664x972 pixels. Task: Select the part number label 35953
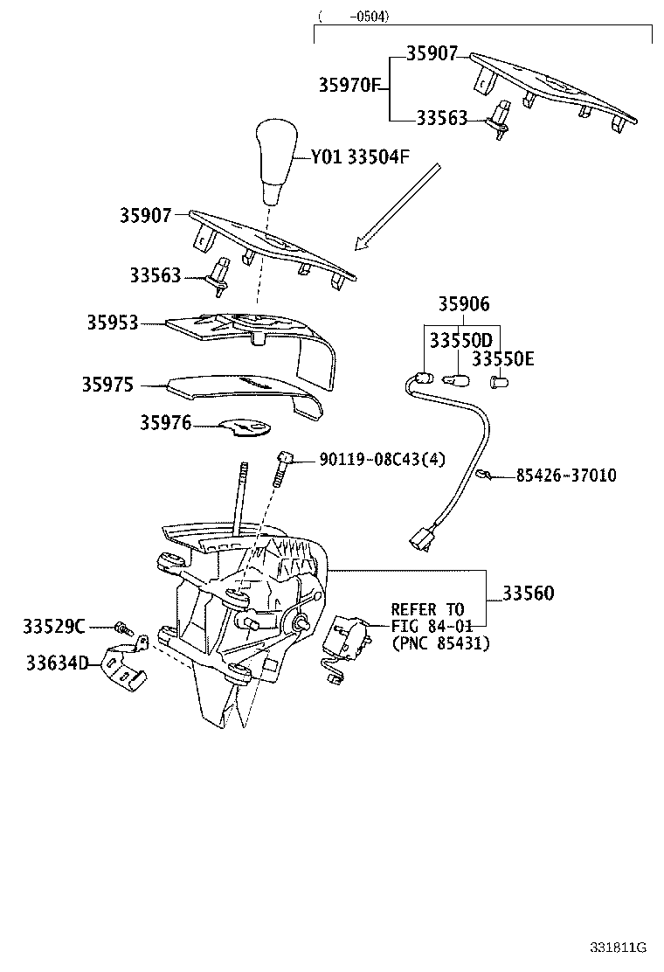[x=112, y=323]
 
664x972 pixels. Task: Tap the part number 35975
[x=108, y=384]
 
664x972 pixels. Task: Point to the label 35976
[x=165, y=423]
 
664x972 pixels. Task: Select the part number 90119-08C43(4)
[x=382, y=459]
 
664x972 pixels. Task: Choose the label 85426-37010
[x=565, y=476]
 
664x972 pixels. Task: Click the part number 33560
[x=528, y=594]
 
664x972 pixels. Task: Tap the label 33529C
[x=54, y=627]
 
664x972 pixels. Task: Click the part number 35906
[x=464, y=304]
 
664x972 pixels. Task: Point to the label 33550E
[x=503, y=358]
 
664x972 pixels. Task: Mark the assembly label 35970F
[x=349, y=85]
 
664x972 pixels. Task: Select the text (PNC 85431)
[x=440, y=643]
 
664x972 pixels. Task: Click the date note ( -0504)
[x=354, y=16]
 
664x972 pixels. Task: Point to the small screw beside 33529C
[x=122, y=628]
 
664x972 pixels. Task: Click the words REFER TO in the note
[x=428, y=608]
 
